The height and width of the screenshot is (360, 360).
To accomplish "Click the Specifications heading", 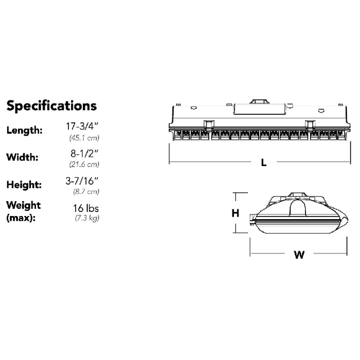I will [51, 106].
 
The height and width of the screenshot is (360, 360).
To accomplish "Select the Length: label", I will [24, 130].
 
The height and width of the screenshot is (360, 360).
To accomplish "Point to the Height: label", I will [24, 184].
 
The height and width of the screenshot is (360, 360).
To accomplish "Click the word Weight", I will [24, 205].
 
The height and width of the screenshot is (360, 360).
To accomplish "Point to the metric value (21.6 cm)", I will [84, 165].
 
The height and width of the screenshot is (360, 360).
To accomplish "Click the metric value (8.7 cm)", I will [85, 192].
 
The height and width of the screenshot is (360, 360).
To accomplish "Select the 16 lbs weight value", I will [86, 208].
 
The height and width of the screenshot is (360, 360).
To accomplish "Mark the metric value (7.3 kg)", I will [85, 219].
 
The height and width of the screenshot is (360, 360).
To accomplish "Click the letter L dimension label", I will [263, 163].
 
